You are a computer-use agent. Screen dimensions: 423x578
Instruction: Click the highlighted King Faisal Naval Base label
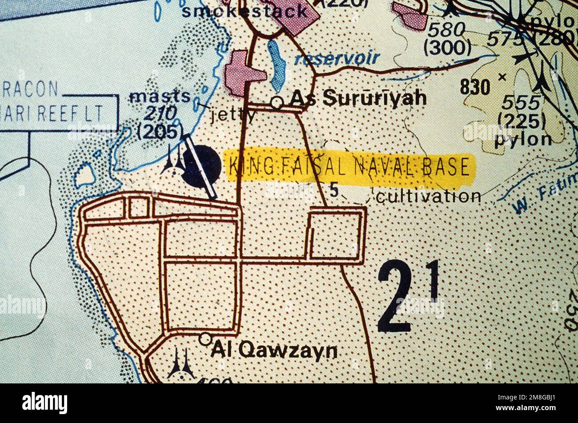[x=349, y=167]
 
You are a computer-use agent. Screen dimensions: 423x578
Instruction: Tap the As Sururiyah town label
[x=358, y=99]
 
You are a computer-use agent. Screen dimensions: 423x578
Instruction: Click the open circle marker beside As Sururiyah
[x=277, y=103]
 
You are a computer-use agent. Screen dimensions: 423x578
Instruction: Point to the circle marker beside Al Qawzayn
[x=205, y=339]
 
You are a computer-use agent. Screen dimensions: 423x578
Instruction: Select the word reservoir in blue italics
[x=337, y=58]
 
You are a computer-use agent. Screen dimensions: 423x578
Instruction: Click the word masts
[x=160, y=96]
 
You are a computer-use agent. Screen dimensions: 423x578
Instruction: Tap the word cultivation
[x=428, y=196]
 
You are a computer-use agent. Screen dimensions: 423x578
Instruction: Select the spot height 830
[x=474, y=87]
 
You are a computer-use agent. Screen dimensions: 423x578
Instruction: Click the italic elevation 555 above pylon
[x=520, y=103]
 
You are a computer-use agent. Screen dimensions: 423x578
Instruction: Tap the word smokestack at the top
[x=244, y=11]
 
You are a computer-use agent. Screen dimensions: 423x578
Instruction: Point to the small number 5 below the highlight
[x=334, y=190]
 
